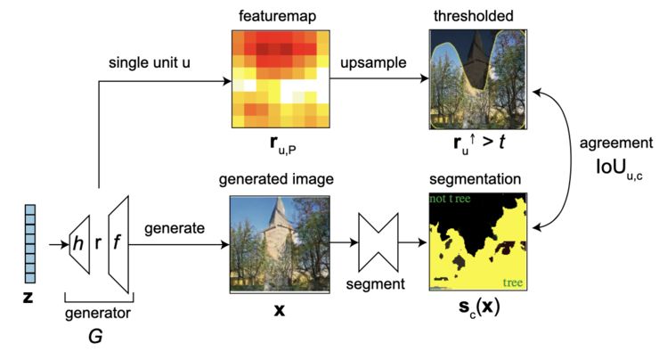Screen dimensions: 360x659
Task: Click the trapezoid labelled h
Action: pos(78,241)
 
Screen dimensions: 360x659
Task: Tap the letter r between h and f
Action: pos(97,241)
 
